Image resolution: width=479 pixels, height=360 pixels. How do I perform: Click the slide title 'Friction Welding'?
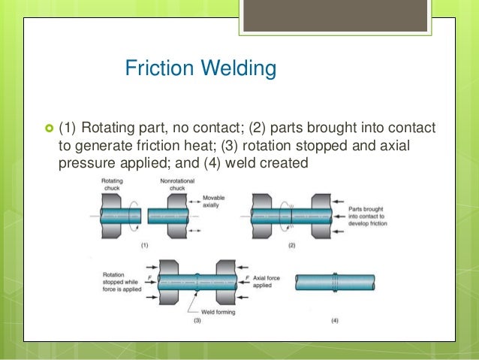200,69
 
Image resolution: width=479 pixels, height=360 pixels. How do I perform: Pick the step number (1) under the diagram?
145,245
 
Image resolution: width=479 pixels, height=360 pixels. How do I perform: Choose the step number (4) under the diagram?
333,321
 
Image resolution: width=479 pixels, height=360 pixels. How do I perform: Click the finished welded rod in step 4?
335,283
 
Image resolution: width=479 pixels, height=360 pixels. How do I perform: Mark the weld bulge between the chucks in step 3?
196,283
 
